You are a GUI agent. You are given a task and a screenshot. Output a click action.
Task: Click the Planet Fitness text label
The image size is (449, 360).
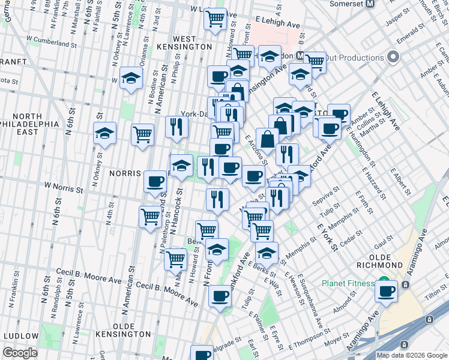(348, 283)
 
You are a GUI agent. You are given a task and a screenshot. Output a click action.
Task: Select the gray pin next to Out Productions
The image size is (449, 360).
(394, 58)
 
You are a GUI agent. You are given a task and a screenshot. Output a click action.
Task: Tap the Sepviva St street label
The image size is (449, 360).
(325, 199)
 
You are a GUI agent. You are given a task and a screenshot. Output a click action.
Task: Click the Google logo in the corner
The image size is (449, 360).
(20, 353)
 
